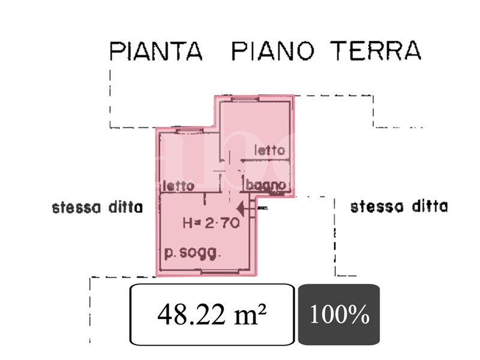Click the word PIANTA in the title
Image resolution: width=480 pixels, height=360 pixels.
[x=156, y=51]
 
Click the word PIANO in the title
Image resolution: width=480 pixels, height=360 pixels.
[x=273, y=51]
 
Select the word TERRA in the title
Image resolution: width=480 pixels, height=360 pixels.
[x=376, y=50]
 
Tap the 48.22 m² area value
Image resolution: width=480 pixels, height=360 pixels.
[x=212, y=314]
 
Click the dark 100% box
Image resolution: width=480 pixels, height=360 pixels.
[x=339, y=314]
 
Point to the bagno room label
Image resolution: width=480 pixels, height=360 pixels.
[x=266, y=185]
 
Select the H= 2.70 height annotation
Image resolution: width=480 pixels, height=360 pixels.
[x=211, y=223]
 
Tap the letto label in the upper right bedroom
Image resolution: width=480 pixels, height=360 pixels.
[x=269, y=150]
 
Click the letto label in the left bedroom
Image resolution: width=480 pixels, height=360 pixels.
[x=179, y=185]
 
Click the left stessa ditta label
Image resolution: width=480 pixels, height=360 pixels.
[x=97, y=207]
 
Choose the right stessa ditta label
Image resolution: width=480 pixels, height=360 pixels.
[x=399, y=206]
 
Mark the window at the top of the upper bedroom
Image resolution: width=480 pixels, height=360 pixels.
[x=245, y=98]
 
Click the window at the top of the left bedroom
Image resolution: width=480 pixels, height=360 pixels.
[x=190, y=131]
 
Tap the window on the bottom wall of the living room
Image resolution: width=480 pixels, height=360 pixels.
[x=220, y=272]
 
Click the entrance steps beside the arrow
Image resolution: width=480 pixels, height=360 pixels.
[x=253, y=208]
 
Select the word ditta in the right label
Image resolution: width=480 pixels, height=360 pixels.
[x=430, y=206]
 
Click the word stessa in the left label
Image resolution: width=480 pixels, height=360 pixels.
[x=76, y=208]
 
